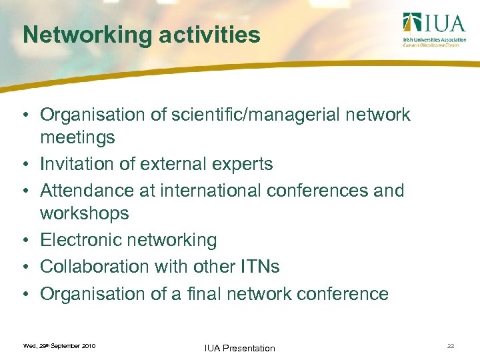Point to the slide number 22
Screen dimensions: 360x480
point(451,346)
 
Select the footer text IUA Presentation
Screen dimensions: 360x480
point(239,347)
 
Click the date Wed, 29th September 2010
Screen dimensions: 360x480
point(59,346)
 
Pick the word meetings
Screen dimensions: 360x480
point(77,138)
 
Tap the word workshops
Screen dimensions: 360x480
point(84,214)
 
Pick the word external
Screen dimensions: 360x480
point(175,164)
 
